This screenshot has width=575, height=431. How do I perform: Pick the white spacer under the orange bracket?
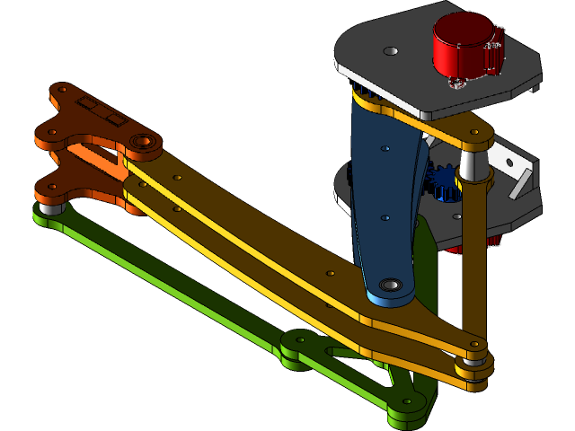[49, 207]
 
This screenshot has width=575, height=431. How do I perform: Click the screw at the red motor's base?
[455, 84]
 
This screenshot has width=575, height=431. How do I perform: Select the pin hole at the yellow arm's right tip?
[475, 343]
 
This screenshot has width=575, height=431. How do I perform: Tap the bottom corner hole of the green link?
[407, 402]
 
